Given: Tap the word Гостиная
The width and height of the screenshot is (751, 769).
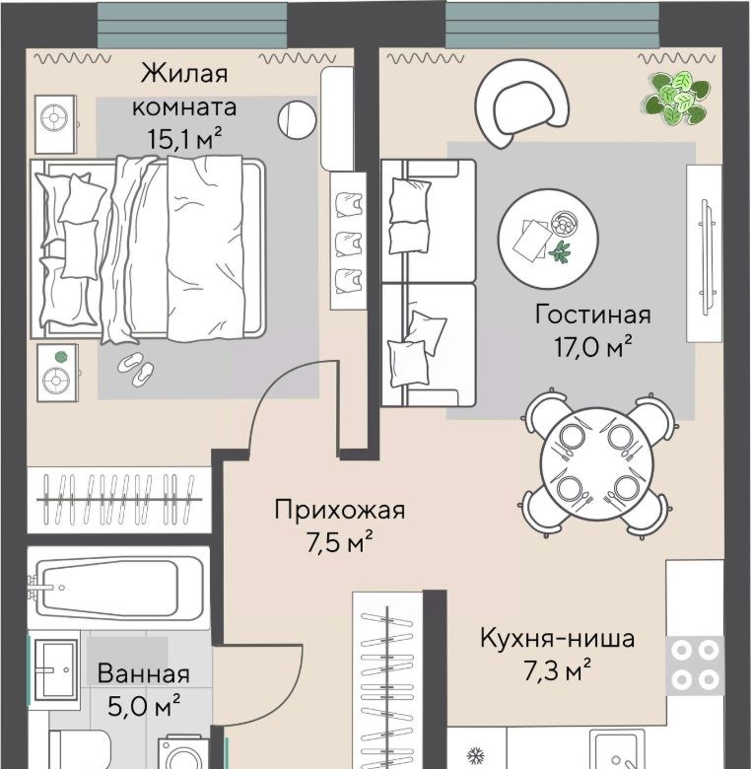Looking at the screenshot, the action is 592,315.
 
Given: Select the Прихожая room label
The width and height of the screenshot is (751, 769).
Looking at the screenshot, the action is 340,510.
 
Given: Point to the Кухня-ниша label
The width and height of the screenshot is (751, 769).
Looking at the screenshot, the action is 558,639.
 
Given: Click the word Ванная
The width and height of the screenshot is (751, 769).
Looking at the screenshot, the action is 144,673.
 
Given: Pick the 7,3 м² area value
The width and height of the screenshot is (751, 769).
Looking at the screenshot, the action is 558,671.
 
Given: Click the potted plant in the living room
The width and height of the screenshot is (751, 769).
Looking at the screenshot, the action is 676,98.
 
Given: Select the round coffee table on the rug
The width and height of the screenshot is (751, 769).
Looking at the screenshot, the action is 548,239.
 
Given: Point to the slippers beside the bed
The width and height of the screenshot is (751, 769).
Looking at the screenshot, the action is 136,368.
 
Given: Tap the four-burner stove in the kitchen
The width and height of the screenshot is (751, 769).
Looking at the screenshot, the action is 695,665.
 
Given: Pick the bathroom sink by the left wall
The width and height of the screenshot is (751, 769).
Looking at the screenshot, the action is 54,670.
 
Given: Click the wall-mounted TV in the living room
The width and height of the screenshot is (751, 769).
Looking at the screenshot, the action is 705,253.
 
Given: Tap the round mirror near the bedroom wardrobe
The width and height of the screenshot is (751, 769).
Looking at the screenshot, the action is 297,119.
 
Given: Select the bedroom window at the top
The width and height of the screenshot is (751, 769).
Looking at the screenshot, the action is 191,25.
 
